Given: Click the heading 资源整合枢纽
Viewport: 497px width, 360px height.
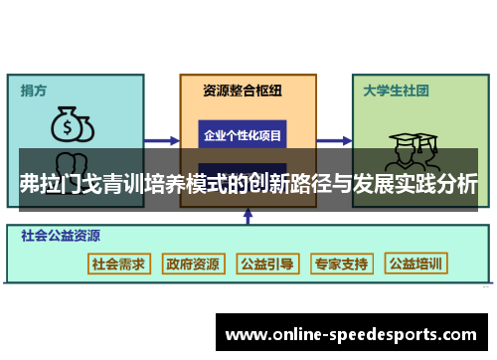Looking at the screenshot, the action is coord(243,90).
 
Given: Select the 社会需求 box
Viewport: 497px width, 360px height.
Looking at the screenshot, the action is coord(118,265).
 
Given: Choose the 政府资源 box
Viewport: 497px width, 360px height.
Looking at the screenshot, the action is coord(193,265).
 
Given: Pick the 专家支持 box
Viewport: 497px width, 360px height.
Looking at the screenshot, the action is coord(341,265).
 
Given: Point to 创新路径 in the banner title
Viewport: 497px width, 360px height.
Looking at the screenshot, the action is coord(293,185).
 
